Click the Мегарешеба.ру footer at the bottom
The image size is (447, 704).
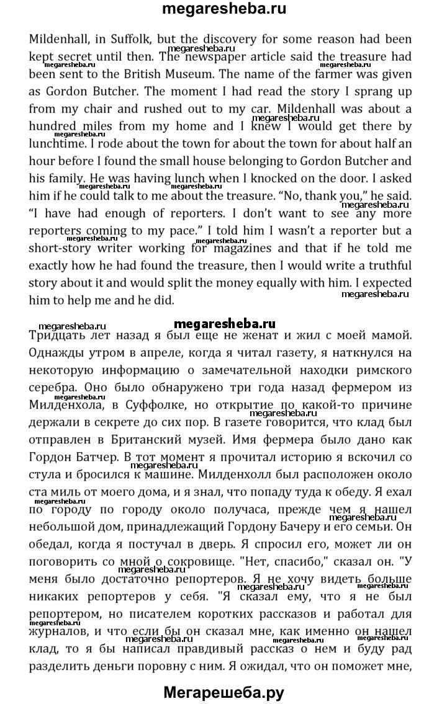pos(223,688)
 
